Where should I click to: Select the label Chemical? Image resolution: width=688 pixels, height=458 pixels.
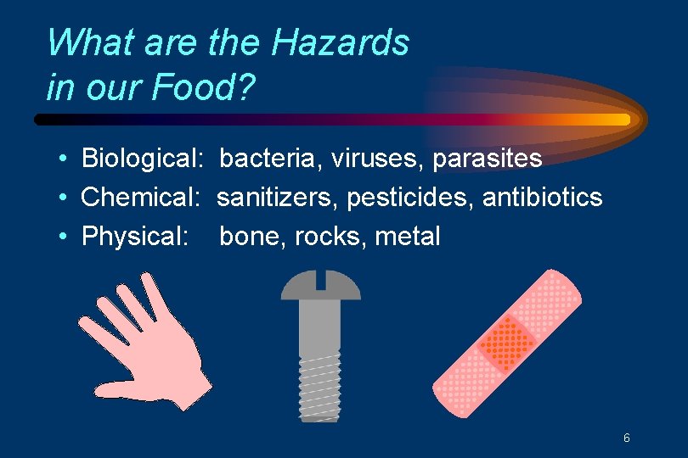coord(139,198)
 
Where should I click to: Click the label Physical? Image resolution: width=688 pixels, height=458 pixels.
coord(135,237)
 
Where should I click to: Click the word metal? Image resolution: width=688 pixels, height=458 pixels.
coord(407,237)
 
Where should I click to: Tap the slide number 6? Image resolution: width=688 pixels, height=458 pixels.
coord(626,438)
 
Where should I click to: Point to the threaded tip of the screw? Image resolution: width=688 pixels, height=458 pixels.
coord(320,399)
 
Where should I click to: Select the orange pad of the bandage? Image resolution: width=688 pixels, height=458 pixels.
coord(508,343)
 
